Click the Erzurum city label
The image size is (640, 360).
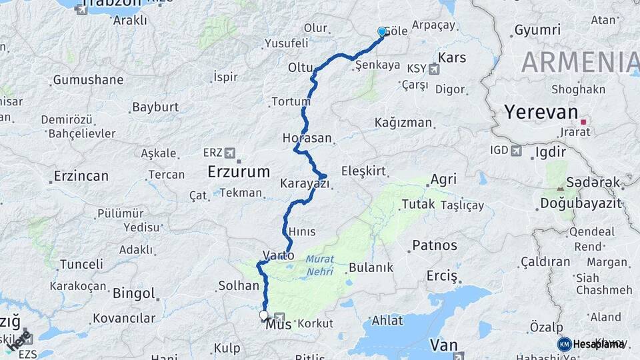[238, 171]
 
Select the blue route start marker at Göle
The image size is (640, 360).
[382, 31]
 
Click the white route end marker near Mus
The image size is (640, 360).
[263, 315]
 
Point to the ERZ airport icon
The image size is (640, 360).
[230, 153]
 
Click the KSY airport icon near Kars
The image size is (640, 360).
[435, 68]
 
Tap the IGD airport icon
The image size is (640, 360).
[516, 151]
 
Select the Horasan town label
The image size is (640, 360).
[307, 138]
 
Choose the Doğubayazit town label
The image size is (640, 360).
[581, 203]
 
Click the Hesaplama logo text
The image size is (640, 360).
[599, 344]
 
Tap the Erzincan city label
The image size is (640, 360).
[80, 177]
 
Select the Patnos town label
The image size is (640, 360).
[435, 245]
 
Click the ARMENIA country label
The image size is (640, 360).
[580, 62]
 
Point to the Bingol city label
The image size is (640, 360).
[133, 293]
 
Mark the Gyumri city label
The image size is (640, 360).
[537, 31]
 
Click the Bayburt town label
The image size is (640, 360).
[155, 107]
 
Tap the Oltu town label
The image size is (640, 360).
[300, 67]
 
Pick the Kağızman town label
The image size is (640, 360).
[403, 123]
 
